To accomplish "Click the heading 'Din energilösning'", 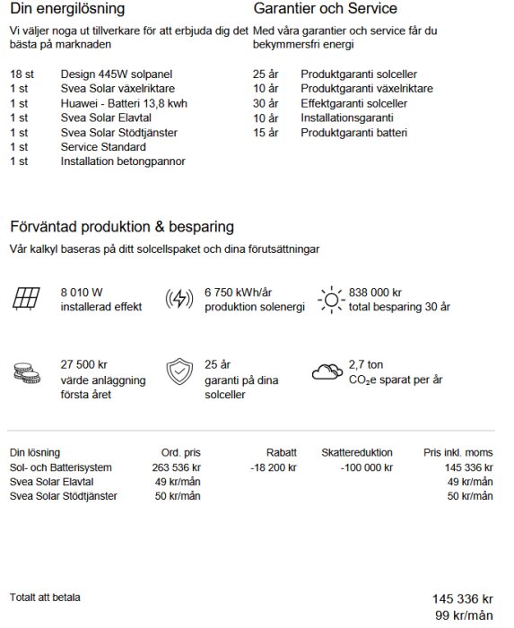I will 67,9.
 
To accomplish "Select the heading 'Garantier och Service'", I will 326,9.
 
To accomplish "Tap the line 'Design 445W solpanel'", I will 117,74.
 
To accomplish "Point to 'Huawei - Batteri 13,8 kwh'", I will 124,103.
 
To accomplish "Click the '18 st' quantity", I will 22,74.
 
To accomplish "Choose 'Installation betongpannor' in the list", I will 123,161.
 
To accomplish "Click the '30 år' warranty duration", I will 266,103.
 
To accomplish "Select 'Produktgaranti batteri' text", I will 353,133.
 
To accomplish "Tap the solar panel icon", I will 26,299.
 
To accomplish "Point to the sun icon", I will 331,299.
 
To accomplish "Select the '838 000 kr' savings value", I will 375,292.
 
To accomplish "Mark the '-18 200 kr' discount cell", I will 273,467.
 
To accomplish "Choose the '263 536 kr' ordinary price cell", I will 176,467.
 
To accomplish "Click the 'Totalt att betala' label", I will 45,597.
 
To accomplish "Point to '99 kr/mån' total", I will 464,615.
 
